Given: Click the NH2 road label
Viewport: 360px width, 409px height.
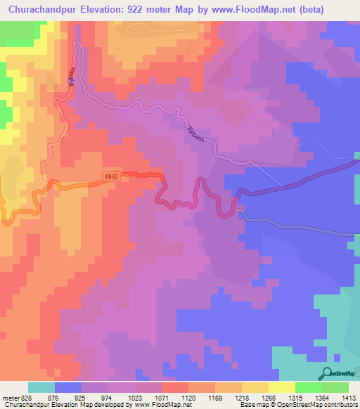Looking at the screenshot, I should pos(110,178).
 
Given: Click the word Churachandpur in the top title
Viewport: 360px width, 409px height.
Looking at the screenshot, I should pos(44,10).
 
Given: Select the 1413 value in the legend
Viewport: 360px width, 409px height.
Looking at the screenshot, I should pos(349,397).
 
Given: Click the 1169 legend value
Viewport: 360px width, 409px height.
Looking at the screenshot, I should pos(214,397).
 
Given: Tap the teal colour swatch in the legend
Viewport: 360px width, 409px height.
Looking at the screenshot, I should pos(41,387).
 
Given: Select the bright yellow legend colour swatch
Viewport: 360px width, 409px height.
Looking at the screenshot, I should pos(281,387).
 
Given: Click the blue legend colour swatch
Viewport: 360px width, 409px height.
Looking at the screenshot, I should pos(67,387).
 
